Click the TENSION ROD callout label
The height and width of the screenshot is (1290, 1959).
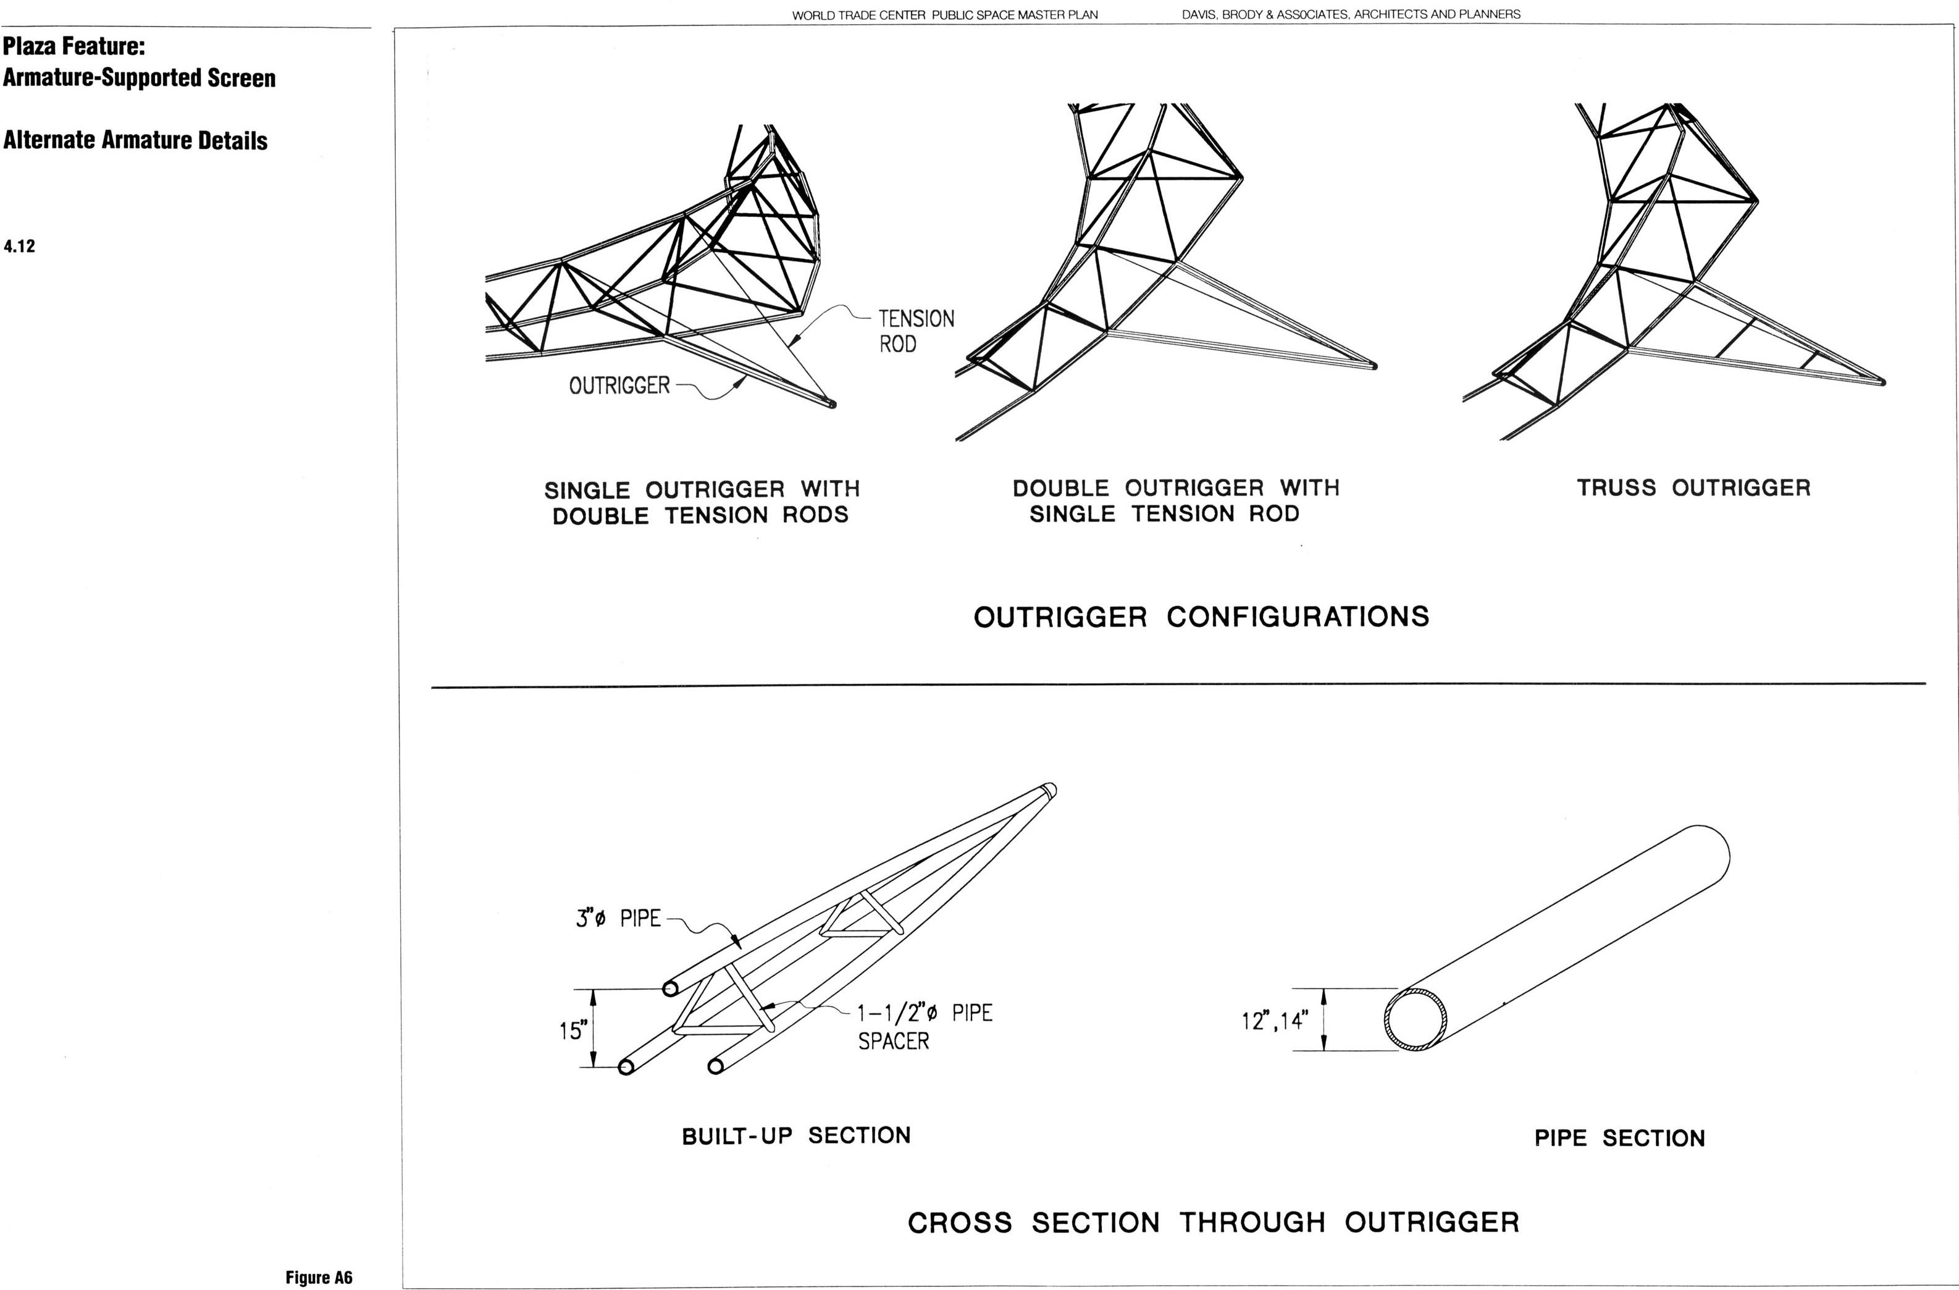point(916,331)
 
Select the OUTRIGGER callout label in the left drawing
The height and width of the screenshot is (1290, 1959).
point(619,386)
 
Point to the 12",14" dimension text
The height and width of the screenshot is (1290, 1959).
point(1274,1021)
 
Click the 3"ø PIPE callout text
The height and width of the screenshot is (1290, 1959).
point(618,918)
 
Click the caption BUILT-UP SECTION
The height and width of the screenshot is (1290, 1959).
point(796,1136)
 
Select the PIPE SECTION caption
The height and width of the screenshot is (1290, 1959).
point(1619,1139)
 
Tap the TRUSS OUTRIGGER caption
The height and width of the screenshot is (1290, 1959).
point(1693,487)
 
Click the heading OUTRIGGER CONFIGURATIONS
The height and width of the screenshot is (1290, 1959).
point(1201,617)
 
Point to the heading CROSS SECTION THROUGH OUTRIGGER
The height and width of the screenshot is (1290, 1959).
point(1214,1223)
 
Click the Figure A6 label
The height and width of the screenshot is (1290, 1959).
point(319,1277)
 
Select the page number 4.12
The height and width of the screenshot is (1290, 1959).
point(19,246)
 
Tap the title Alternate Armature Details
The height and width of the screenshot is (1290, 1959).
point(135,140)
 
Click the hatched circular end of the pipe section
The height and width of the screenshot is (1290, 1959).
point(1413,1020)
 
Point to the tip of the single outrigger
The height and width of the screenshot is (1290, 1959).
point(831,403)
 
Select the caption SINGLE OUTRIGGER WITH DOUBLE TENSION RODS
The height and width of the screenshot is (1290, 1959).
point(702,502)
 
